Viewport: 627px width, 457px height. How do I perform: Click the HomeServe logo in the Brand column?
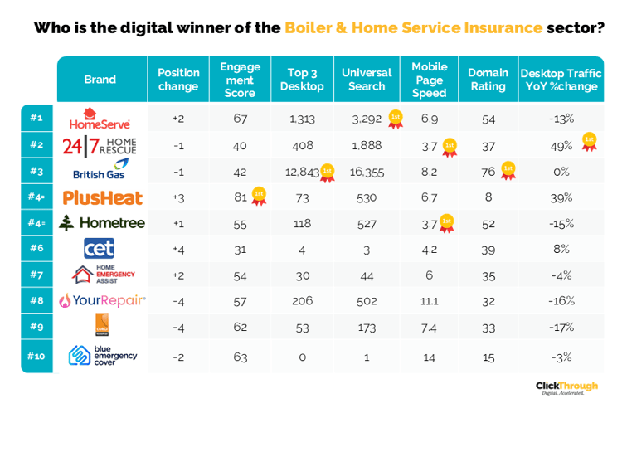click(x=100, y=119)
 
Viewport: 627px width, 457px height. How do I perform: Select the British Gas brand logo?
click(x=100, y=171)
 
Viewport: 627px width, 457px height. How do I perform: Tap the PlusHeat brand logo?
click(x=102, y=197)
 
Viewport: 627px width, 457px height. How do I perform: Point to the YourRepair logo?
click(x=102, y=300)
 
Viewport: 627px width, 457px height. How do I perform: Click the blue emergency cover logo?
click(x=102, y=356)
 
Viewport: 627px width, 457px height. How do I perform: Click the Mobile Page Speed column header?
click(x=429, y=80)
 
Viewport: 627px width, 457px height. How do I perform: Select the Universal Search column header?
click(x=367, y=80)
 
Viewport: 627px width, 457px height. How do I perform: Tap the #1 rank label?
click(x=36, y=119)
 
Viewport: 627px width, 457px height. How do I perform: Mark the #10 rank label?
click(x=36, y=356)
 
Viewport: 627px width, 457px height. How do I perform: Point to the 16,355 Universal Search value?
click(x=367, y=172)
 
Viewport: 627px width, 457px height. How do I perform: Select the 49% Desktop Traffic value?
click(x=561, y=145)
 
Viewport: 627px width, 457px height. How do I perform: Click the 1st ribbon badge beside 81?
click(x=259, y=197)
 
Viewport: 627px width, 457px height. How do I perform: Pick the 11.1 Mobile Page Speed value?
click(x=429, y=300)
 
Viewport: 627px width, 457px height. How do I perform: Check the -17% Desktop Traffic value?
click(x=561, y=327)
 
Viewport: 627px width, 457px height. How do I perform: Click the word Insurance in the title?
click(x=502, y=27)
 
